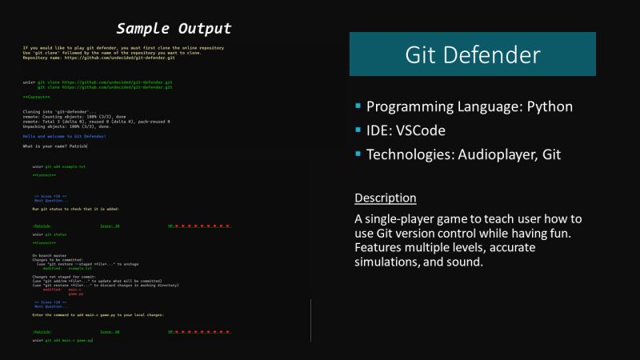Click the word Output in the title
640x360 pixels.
coord(203,29)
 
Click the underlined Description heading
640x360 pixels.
coord(385,198)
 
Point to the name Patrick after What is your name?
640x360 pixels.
coord(78,147)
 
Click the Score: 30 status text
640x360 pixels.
coord(110,226)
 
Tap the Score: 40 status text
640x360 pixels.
coord(110,331)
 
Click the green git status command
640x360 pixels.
coord(55,234)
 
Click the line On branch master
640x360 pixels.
coord(40,255)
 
